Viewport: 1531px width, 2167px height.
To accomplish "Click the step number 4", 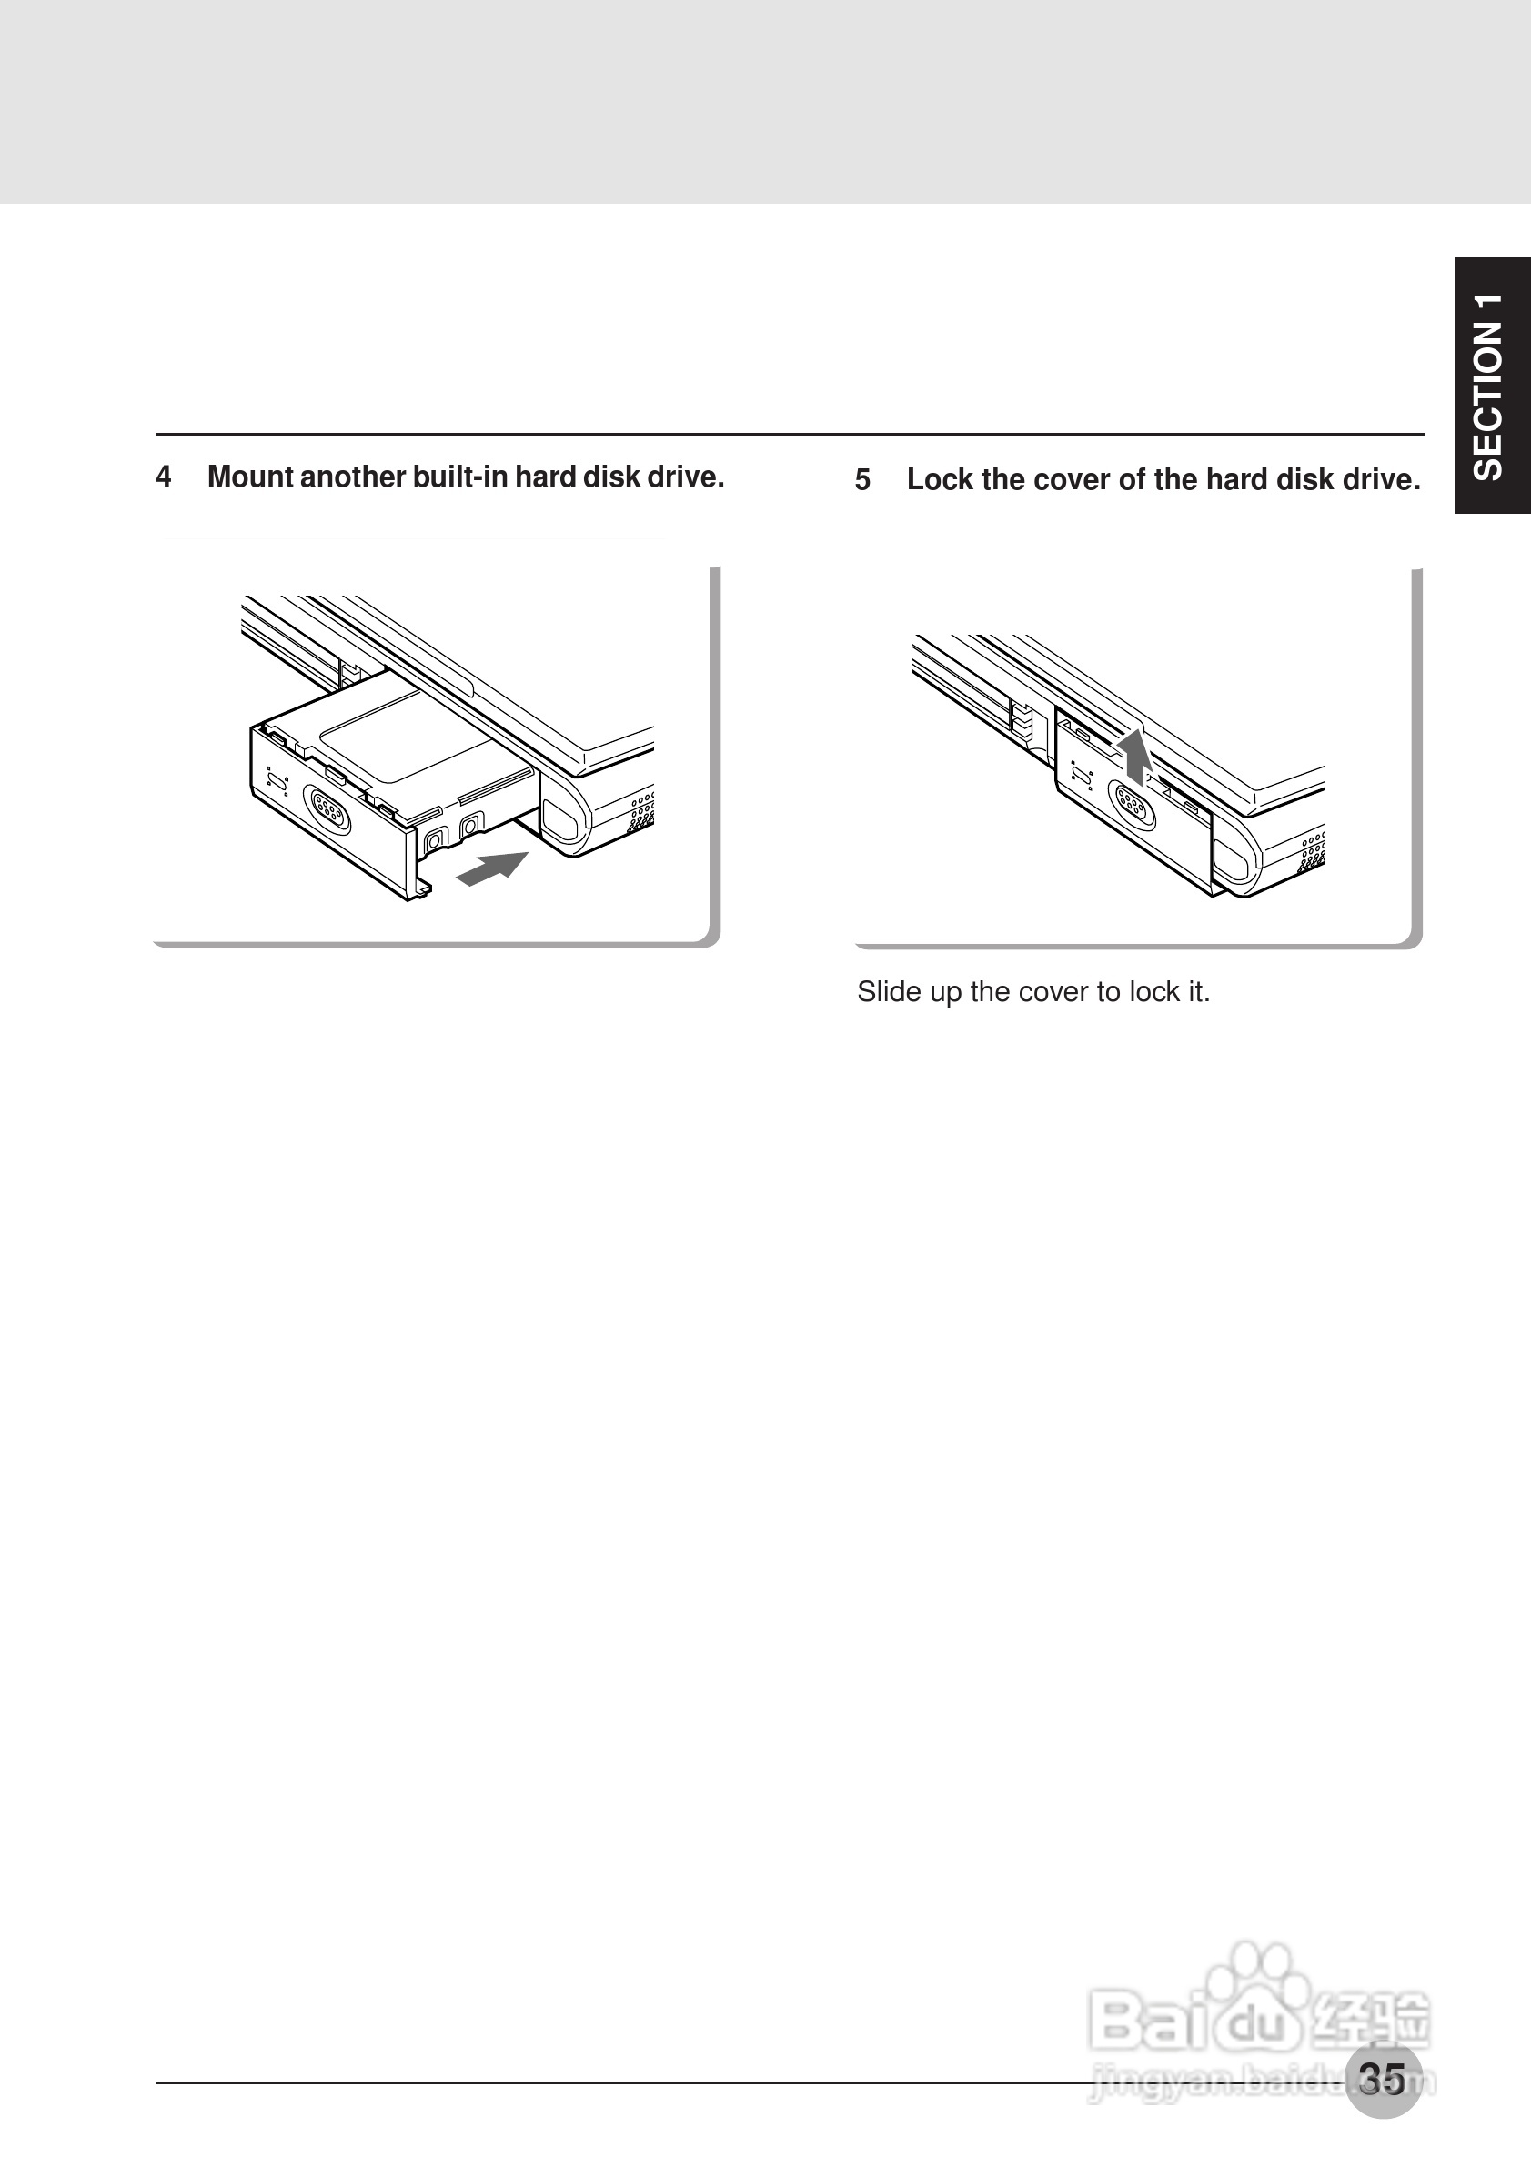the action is (x=164, y=477).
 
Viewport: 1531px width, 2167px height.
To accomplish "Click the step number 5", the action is (x=862, y=480).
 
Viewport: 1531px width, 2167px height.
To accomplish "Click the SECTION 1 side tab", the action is (x=1491, y=385).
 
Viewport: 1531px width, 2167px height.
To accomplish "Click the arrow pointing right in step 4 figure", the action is (x=492, y=868).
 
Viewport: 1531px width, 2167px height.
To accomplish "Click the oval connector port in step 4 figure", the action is (x=326, y=810).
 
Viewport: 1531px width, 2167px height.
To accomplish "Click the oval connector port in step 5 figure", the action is (x=1130, y=805).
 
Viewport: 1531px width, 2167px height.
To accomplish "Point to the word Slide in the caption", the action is (x=885, y=992).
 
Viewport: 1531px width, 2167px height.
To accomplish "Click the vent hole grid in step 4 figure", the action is (x=642, y=811).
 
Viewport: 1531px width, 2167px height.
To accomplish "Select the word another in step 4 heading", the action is (x=354, y=477).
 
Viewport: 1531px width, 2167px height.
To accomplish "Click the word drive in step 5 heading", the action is (x=1385, y=479).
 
